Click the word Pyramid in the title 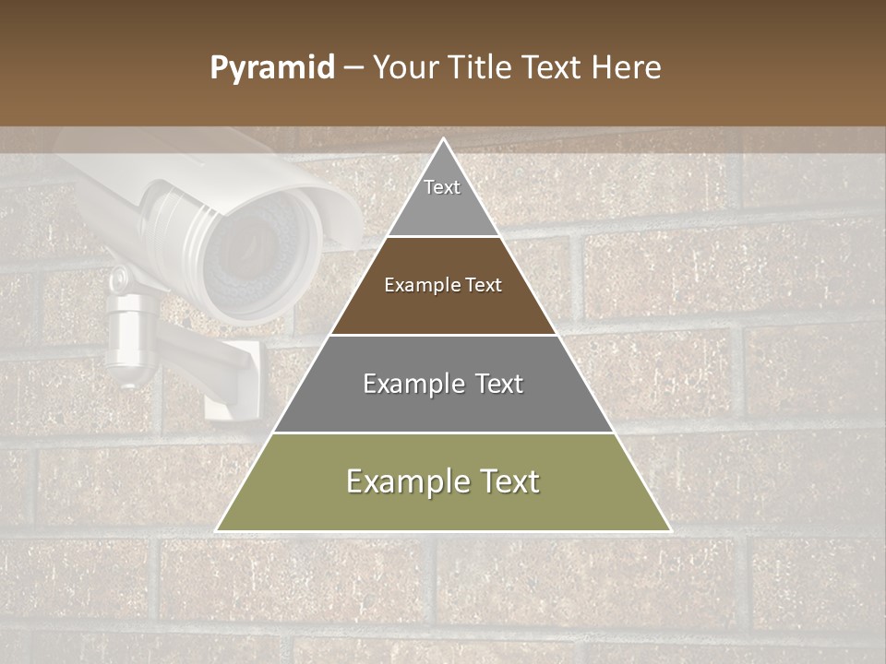(x=271, y=68)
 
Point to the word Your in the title (x=405, y=68)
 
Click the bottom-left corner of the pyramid (x=218, y=530)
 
